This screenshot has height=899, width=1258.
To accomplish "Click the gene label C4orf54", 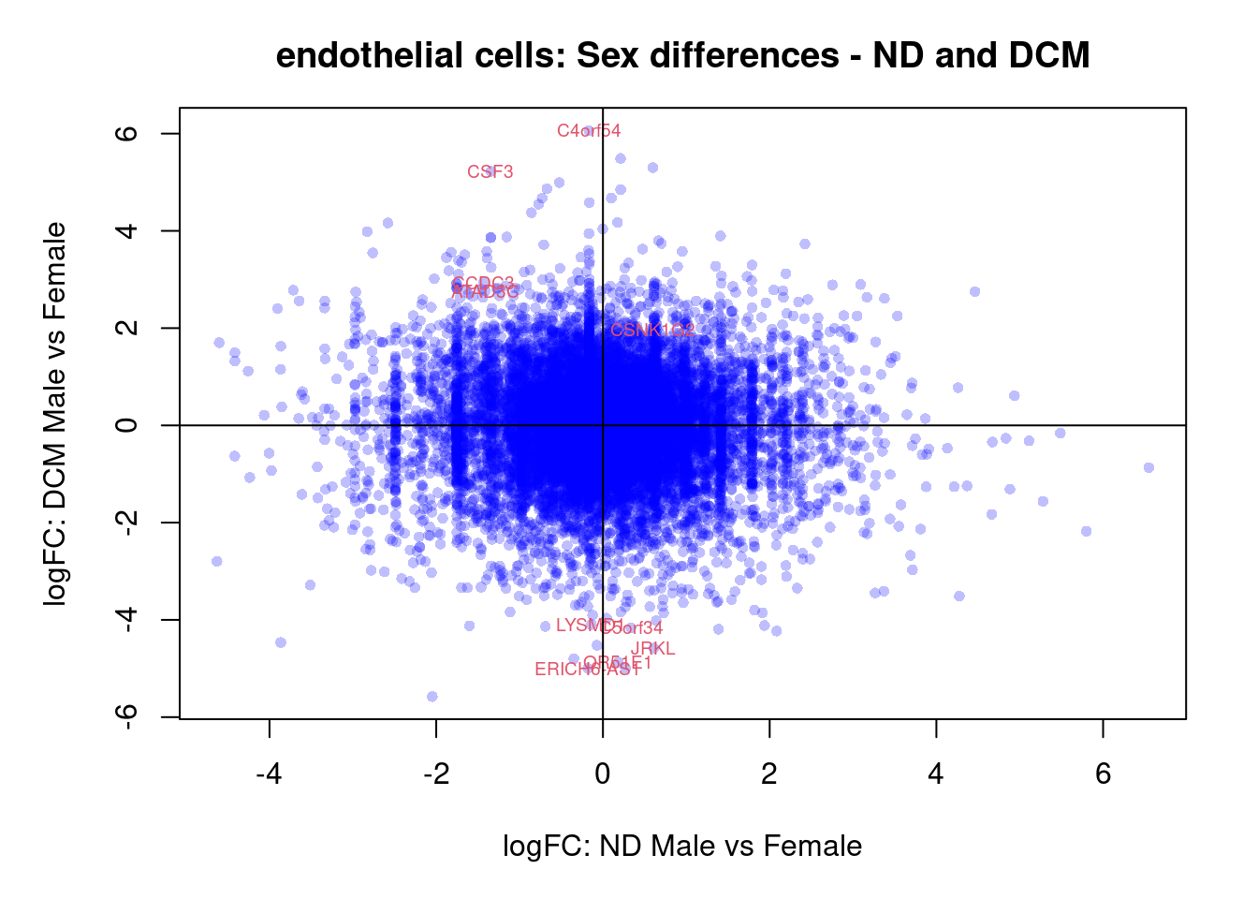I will [589, 131].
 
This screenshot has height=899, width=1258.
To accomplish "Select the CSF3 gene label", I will [490, 172].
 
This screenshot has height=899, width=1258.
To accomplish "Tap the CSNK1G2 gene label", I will [652, 330].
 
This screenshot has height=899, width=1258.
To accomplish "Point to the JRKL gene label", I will [652, 649].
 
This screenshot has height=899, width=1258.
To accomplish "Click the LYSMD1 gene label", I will [589, 626].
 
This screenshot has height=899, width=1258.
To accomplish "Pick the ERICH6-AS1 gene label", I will [587, 670].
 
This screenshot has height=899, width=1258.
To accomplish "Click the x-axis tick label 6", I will [1103, 774].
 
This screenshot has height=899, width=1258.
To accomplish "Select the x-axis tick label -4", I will [270, 774].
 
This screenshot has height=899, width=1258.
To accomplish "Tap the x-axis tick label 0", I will [603, 774].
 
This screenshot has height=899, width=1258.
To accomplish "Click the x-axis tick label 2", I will [769, 774].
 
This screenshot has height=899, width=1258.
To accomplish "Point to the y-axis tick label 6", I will [127, 133].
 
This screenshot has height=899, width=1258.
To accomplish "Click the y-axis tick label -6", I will [127, 716].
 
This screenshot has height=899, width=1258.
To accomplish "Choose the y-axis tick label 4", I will [127, 230].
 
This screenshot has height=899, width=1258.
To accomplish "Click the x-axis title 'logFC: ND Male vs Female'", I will [682, 847].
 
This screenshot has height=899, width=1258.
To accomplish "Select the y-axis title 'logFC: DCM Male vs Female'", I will [56, 413].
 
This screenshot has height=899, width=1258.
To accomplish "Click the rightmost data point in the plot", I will [1148, 467].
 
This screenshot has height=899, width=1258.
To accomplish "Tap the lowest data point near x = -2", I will [432, 697].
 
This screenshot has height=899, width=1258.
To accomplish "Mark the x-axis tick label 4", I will [936, 774].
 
